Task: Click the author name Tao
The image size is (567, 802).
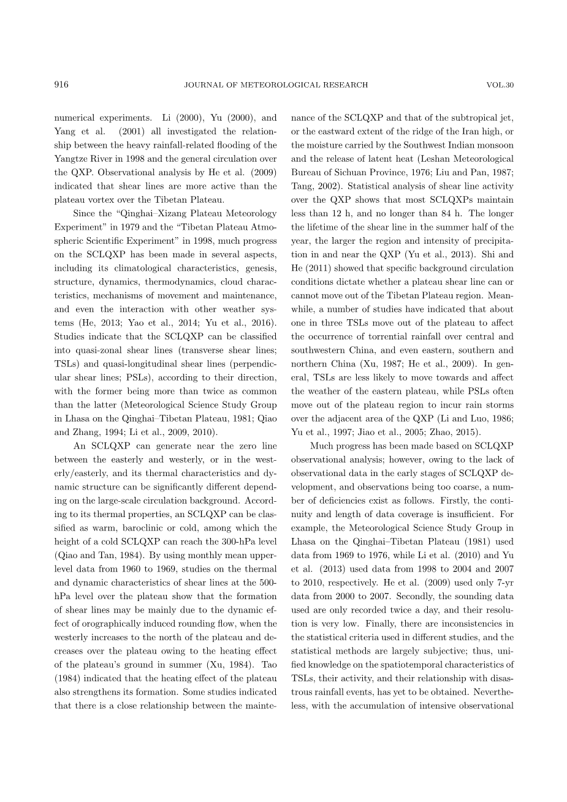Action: pos(270,664)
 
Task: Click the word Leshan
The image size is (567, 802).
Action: pos(430,159)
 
